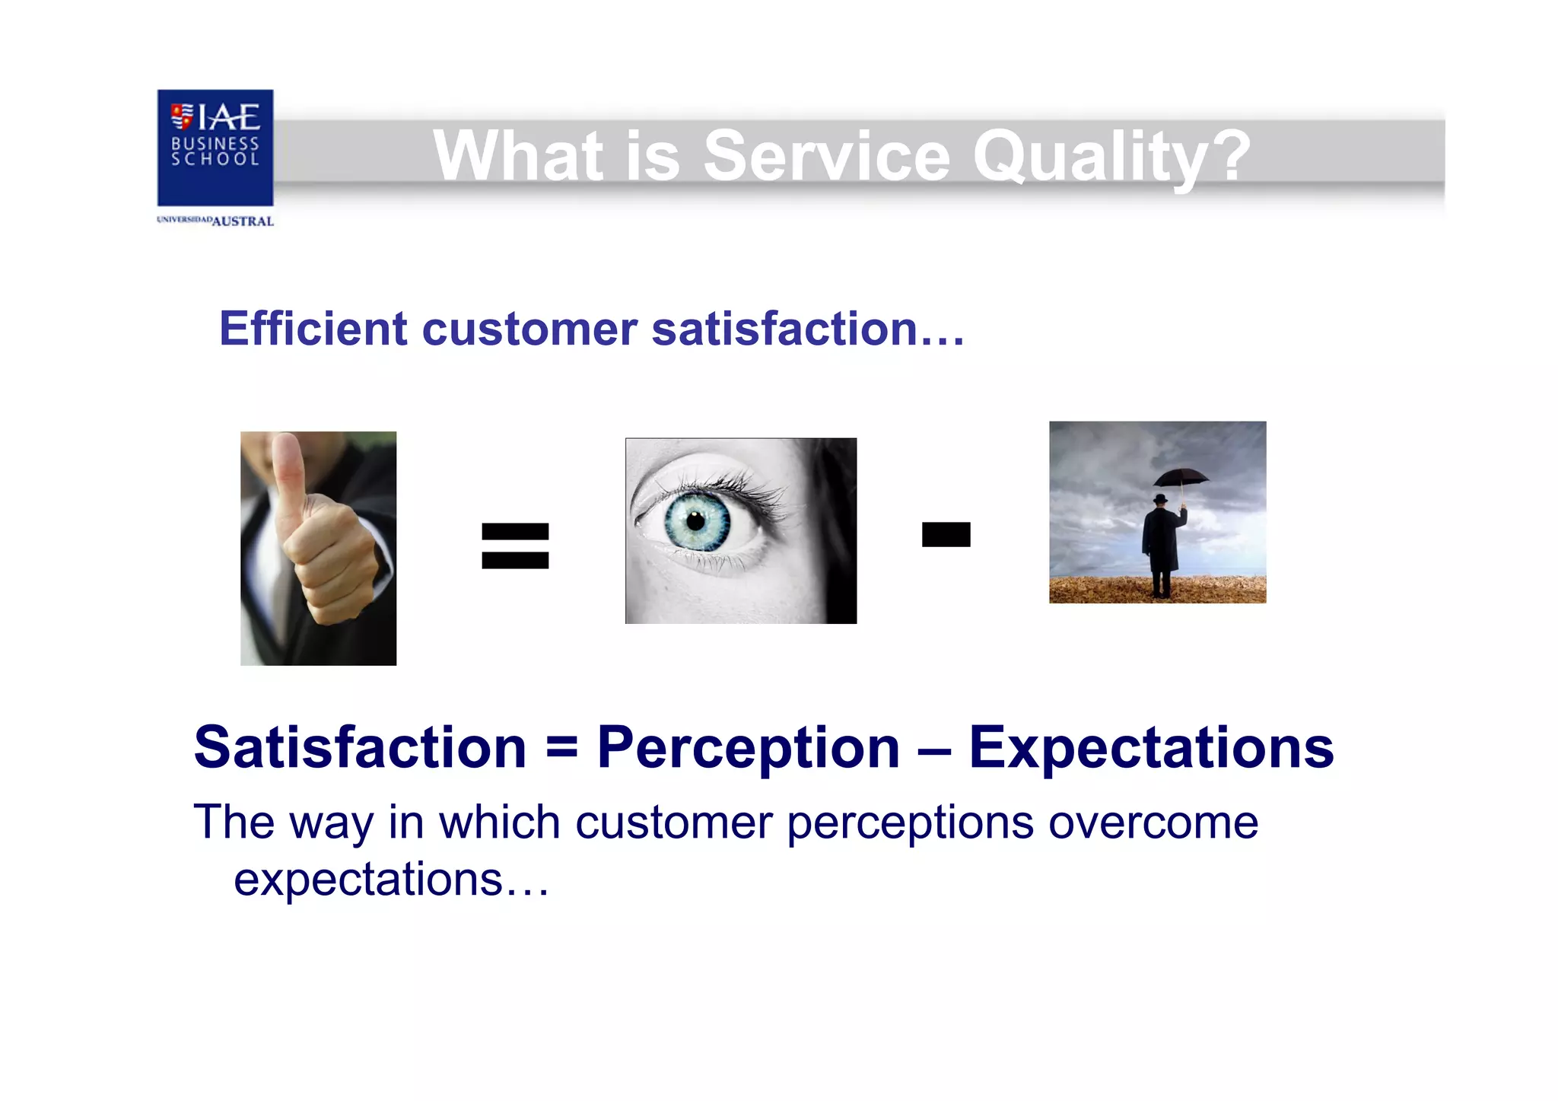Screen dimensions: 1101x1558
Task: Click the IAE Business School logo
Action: [215, 148]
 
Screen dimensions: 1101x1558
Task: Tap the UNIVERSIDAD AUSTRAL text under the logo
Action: [215, 221]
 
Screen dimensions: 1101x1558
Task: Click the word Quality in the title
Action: [1111, 157]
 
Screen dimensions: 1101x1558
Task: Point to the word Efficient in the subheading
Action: [313, 329]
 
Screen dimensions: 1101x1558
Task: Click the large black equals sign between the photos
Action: [515, 546]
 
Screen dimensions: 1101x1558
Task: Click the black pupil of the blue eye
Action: [696, 521]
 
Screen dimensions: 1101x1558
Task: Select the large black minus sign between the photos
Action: [946, 534]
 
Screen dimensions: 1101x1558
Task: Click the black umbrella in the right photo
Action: [1181, 479]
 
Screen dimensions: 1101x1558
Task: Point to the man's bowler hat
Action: [1160, 499]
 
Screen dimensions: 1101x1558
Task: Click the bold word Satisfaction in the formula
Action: [360, 748]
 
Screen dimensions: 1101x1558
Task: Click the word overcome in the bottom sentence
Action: [1153, 823]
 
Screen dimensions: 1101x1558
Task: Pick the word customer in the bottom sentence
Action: [674, 823]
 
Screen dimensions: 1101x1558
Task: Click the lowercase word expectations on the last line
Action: [368, 881]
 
